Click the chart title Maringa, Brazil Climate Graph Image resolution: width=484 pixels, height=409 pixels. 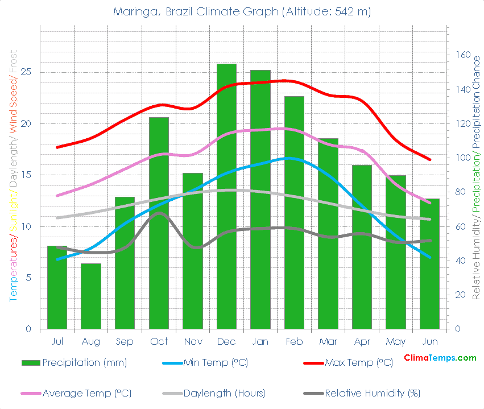[242, 12]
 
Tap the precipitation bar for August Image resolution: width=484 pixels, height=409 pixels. [91, 296]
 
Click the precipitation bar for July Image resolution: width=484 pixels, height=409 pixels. [57, 287]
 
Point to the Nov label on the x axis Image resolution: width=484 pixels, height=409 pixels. [193, 341]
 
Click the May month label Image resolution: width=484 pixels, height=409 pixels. [396, 341]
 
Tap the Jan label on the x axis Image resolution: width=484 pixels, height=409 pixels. [260, 341]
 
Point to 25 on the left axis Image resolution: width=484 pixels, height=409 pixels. [26, 72]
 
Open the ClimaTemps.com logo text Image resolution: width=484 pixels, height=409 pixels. [440, 358]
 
